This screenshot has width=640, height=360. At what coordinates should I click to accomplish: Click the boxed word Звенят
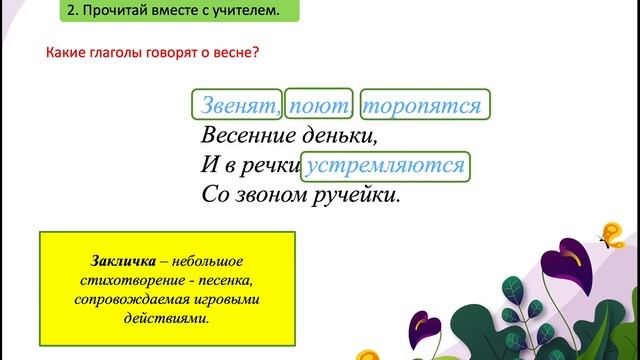238,105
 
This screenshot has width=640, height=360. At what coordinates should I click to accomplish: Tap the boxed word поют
318,105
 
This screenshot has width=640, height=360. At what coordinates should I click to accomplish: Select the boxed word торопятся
424,105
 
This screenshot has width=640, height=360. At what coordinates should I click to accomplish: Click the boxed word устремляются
386,165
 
